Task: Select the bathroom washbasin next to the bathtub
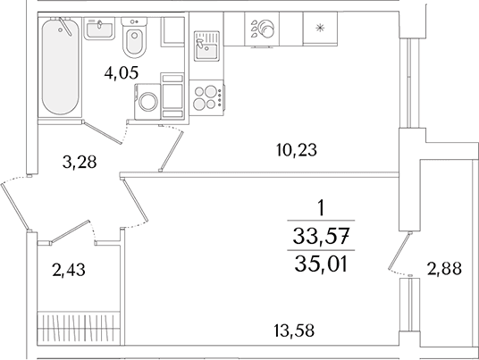point(99,29)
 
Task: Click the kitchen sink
point(206,46)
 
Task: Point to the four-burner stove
point(206,97)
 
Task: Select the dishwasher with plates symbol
point(262,29)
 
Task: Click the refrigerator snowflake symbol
point(320,29)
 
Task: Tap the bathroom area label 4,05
point(122,73)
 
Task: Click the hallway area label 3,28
point(80,163)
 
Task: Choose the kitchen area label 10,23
point(297,150)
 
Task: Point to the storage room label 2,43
point(69,271)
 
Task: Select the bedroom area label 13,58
point(294,331)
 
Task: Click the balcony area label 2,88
point(444,269)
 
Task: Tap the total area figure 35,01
point(322,264)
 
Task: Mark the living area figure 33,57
point(321,237)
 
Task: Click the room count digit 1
point(321,209)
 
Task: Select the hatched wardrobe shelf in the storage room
point(79,329)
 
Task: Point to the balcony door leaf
point(399,251)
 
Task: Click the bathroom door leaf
point(103,132)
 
